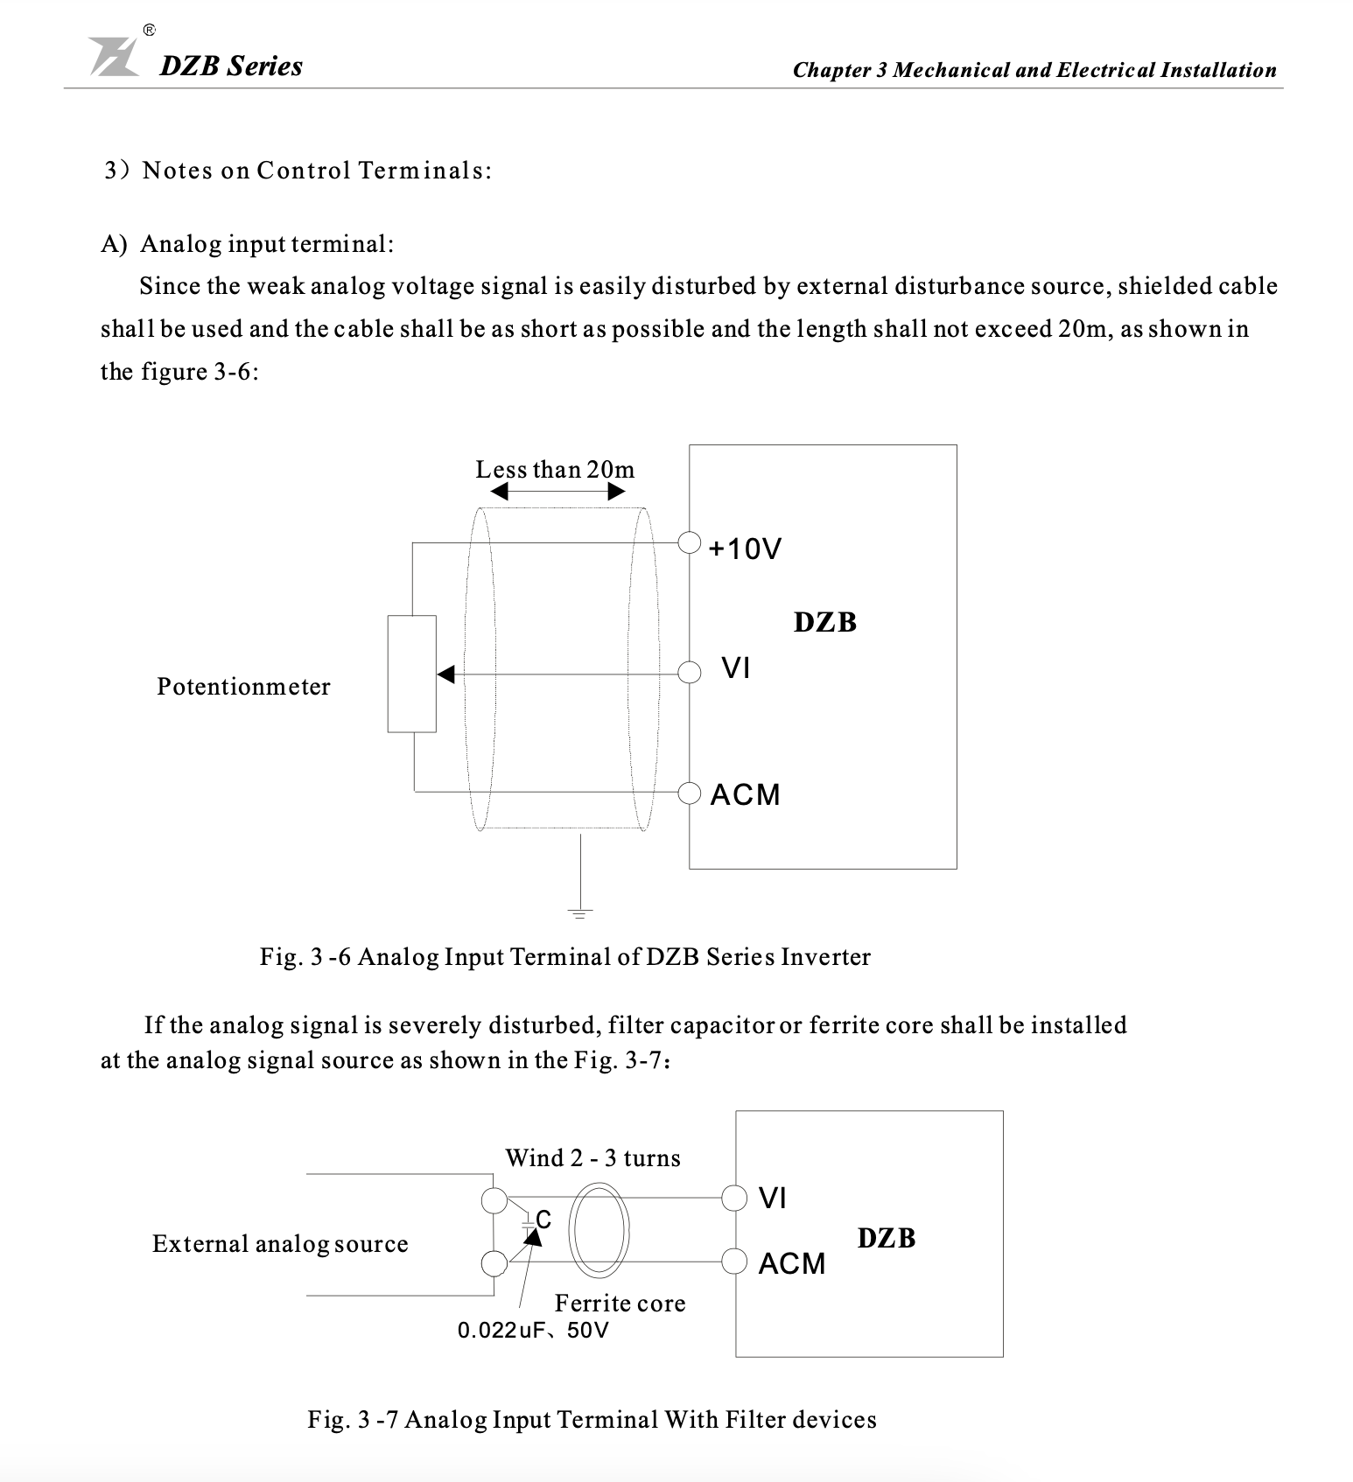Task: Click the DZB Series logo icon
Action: pyautogui.click(x=115, y=57)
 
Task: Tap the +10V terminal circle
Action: pyautogui.click(x=690, y=543)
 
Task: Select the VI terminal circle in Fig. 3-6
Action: pyautogui.click(x=690, y=673)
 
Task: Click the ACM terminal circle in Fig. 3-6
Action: pyautogui.click(x=690, y=793)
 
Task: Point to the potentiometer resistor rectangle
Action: pyautogui.click(x=412, y=673)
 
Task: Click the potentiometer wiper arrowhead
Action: pyautogui.click(x=445, y=674)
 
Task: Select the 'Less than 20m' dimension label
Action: pyautogui.click(x=555, y=470)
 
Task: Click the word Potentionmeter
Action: pyautogui.click(x=243, y=687)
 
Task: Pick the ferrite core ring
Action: pyautogui.click(x=599, y=1230)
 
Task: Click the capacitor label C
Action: pyautogui.click(x=543, y=1220)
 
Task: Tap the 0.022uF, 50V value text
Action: pyautogui.click(x=533, y=1331)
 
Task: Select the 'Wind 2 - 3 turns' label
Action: pyautogui.click(x=592, y=1158)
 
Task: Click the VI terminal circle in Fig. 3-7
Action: pyautogui.click(x=733, y=1197)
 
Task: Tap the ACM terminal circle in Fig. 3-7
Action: pyautogui.click(x=733, y=1262)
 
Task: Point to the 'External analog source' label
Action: pyautogui.click(x=280, y=1244)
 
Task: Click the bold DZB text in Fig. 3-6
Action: pyautogui.click(x=824, y=622)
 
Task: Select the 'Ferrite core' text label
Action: pyautogui.click(x=620, y=1304)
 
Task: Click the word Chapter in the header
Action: pyautogui.click(x=831, y=70)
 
